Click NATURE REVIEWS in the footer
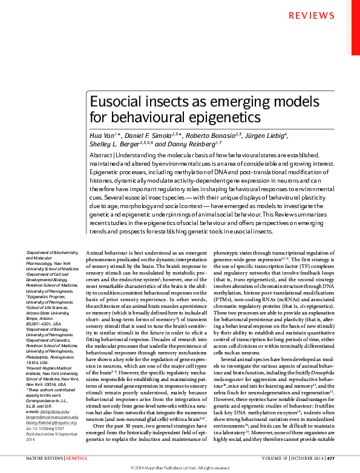pos(44,458)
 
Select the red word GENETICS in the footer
pos(77,458)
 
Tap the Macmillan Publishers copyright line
pos(180,468)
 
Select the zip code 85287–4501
pos(38,324)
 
